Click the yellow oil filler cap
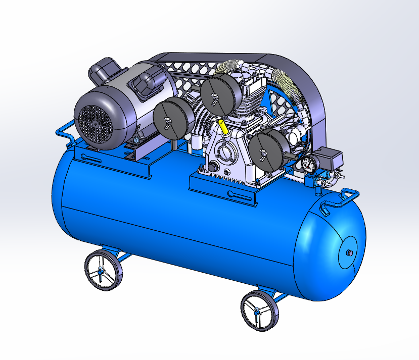click(223, 126)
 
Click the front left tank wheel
click(103, 271)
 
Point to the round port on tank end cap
click(348, 252)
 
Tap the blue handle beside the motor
click(63, 132)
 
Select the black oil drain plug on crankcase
click(213, 167)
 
